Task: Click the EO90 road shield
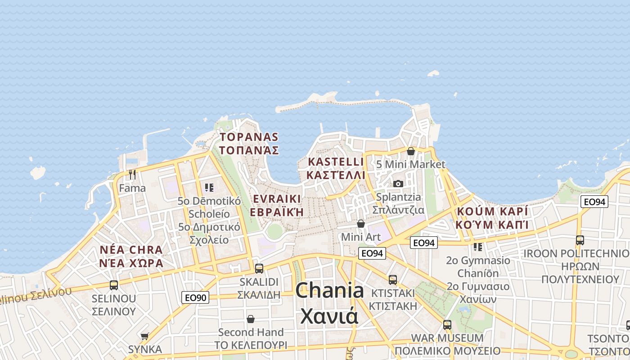[195, 297]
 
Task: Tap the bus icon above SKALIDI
[259, 269]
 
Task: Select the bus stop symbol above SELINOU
[114, 285]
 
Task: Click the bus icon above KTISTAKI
[393, 280]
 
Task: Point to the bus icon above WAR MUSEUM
[447, 324]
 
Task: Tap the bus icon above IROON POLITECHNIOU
[580, 240]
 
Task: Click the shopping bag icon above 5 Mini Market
[411, 151]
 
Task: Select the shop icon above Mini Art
[361, 224]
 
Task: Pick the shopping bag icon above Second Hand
[251, 319]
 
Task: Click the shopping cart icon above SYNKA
[144, 336]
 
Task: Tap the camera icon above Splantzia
[398, 184]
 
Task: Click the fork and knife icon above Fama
[132, 174]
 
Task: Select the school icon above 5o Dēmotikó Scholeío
[209, 187]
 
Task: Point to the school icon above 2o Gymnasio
[478, 247]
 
